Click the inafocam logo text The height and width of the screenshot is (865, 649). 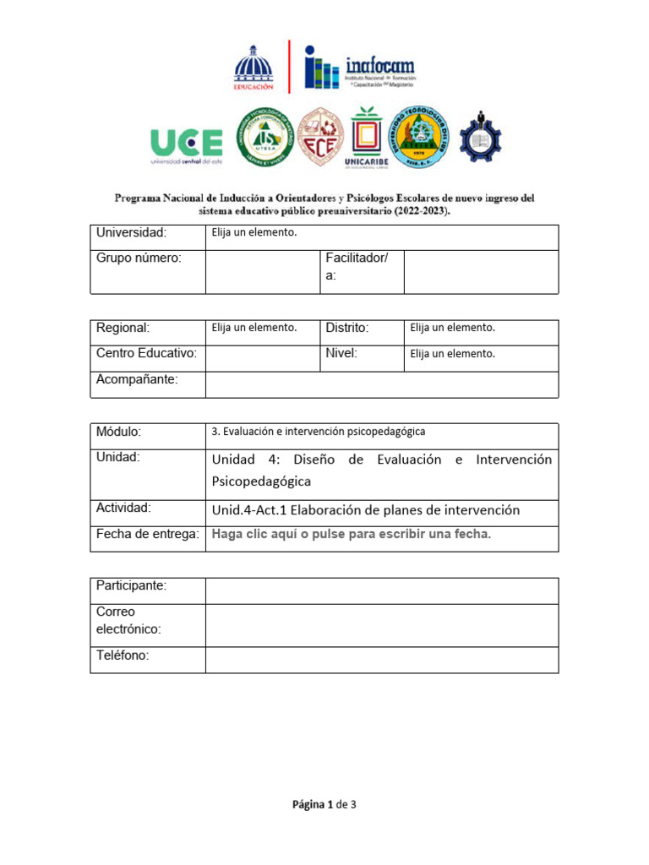coord(380,64)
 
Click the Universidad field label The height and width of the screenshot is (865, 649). coord(132,233)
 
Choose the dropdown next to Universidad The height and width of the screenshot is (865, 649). coord(254,233)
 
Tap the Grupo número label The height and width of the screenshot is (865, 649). coord(139,258)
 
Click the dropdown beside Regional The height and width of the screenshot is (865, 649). coord(254,328)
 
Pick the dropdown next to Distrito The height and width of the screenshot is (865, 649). coord(452,328)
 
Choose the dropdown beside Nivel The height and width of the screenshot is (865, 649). coord(452,354)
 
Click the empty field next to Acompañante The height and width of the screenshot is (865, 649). coord(381,384)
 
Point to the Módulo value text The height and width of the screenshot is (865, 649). coord(318,432)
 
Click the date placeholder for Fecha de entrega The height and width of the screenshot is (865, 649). coord(352,534)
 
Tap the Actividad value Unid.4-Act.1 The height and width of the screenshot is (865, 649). coord(366,510)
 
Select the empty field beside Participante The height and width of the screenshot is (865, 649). coord(381,590)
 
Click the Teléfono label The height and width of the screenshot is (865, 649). coord(123,656)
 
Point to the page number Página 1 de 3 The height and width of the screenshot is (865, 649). coord(324,804)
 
